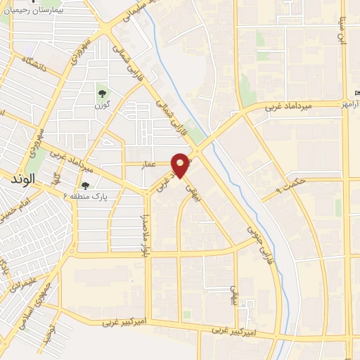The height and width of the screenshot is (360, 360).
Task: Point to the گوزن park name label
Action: [103, 105]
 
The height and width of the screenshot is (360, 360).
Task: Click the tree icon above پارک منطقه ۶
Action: [86, 186]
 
